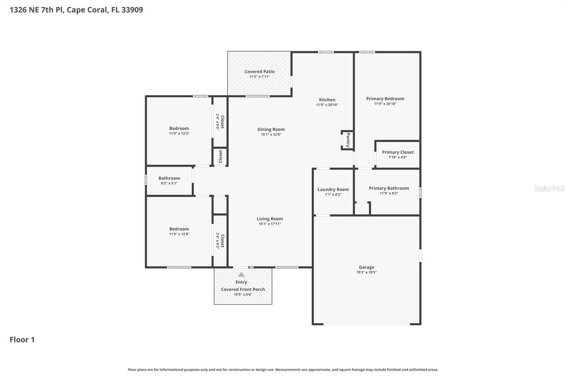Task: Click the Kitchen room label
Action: pyautogui.click(x=327, y=100)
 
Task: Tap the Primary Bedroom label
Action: pyautogui.click(x=385, y=99)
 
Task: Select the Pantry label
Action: pyautogui.click(x=348, y=140)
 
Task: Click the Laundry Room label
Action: pyautogui.click(x=333, y=190)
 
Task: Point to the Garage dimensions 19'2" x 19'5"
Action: pyautogui.click(x=366, y=272)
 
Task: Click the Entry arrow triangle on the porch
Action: pyautogui.click(x=241, y=274)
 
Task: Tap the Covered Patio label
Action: pyautogui.click(x=259, y=72)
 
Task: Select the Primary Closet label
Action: pyautogui.click(x=398, y=152)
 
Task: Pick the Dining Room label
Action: pyautogui.click(x=271, y=129)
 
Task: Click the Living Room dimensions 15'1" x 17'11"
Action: pyautogui.click(x=270, y=224)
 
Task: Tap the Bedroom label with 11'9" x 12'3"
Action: pyautogui.click(x=179, y=129)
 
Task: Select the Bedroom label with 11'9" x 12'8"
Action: pyautogui.click(x=179, y=229)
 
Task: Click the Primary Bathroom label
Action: pyautogui.click(x=389, y=188)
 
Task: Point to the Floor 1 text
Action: pyautogui.click(x=22, y=339)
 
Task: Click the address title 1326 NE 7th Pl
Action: pyautogui.click(x=76, y=10)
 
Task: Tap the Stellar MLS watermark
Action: pyautogui.click(x=549, y=188)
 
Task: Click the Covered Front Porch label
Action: pyautogui.click(x=243, y=289)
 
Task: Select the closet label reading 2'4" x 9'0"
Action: pyautogui.click(x=220, y=122)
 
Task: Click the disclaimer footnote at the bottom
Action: pyautogui.click(x=283, y=369)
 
